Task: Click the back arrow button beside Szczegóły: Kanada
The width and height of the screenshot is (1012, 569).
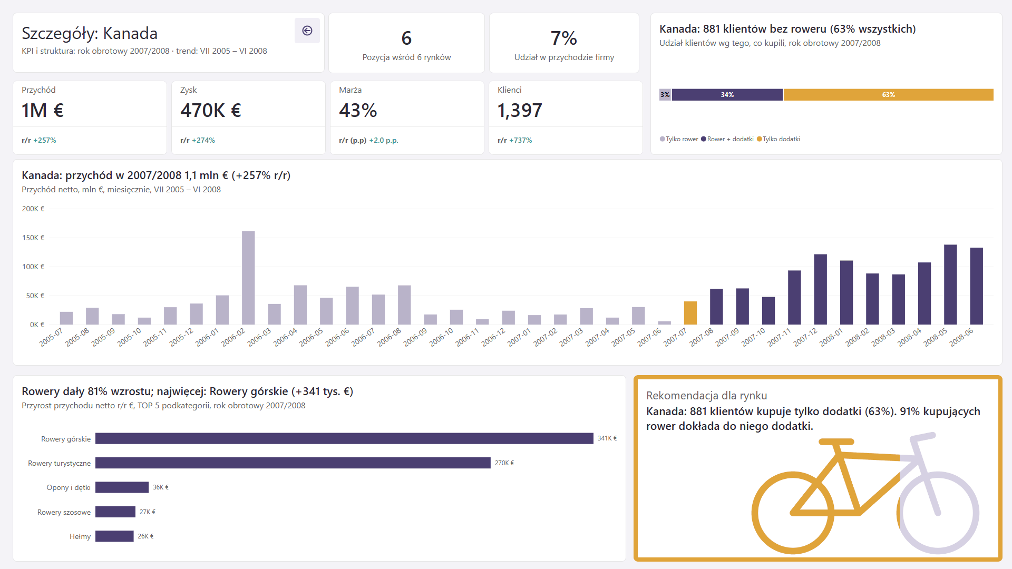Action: [307, 31]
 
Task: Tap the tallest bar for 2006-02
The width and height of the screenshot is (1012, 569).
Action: [248, 278]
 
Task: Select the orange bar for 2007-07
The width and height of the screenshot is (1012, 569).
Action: [690, 313]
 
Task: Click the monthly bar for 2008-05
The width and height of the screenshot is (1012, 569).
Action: [950, 284]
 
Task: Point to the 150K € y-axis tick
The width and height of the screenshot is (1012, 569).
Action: [33, 238]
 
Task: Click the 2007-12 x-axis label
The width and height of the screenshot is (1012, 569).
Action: [805, 337]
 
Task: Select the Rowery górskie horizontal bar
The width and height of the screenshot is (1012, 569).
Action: [344, 438]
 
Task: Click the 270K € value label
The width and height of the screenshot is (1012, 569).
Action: [504, 463]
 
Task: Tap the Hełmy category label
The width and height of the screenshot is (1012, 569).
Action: [80, 536]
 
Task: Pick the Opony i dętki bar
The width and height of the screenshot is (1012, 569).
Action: [122, 487]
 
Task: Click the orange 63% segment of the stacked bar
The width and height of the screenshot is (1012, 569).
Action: [889, 95]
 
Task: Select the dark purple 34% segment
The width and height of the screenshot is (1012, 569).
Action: [727, 95]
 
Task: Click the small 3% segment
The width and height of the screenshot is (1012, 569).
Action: [665, 95]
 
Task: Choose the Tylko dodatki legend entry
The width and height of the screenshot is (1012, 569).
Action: [779, 139]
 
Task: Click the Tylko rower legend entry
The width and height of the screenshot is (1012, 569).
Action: [679, 139]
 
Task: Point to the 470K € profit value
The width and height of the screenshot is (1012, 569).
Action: [211, 111]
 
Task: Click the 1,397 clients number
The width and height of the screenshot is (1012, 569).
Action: [520, 111]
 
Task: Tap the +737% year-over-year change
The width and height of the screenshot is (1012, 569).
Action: [521, 140]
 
